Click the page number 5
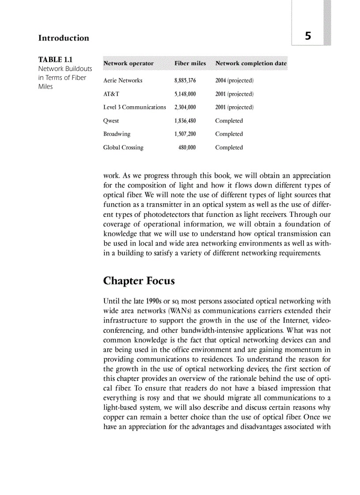click(308, 36)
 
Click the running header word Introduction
click(64, 38)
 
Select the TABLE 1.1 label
click(56, 60)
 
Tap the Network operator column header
click(128, 63)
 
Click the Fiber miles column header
click(190, 63)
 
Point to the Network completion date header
click(251, 63)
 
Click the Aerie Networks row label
click(123, 81)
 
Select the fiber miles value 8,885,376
click(185, 81)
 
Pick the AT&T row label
click(111, 94)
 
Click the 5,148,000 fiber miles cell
click(185, 94)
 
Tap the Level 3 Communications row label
click(135, 107)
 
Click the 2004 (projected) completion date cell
click(234, 81)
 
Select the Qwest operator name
click(111, 121)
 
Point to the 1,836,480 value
click(185, 121)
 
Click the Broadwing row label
click(117, 134)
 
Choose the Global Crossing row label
click(123, 148)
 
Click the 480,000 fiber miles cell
click(187, 148)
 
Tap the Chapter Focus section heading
click(139, 281)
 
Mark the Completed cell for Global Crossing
click(229, 148)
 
